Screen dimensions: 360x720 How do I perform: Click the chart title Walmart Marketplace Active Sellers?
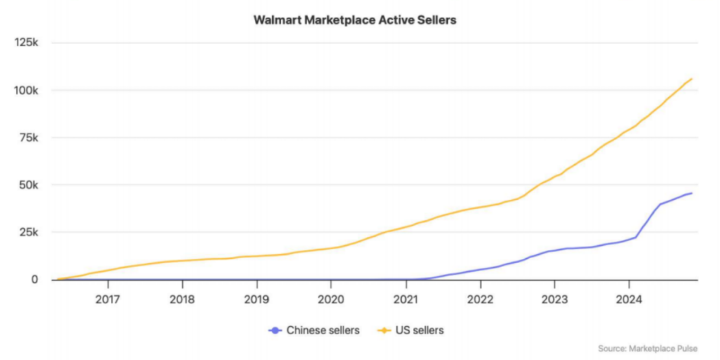tap(354, 20)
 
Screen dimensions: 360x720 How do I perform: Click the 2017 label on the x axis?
tap(107, 299)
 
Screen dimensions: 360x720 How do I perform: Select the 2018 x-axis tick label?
tap(182, 299)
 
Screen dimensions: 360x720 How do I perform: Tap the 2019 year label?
tap(256, 299)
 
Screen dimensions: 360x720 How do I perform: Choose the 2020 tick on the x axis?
tap(331, 299)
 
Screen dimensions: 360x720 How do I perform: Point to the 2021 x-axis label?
tap(406, 299)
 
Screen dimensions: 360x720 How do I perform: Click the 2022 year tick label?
tap(480, 299)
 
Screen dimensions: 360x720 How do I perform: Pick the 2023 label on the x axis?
tap(554, 299)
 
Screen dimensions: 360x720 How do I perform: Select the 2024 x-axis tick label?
tap(629, 299)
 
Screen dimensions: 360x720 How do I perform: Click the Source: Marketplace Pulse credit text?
tap(647, 349)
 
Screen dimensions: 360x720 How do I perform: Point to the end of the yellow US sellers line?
tap(691, 79)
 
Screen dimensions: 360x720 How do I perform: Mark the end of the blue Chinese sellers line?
tap(691, 193)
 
